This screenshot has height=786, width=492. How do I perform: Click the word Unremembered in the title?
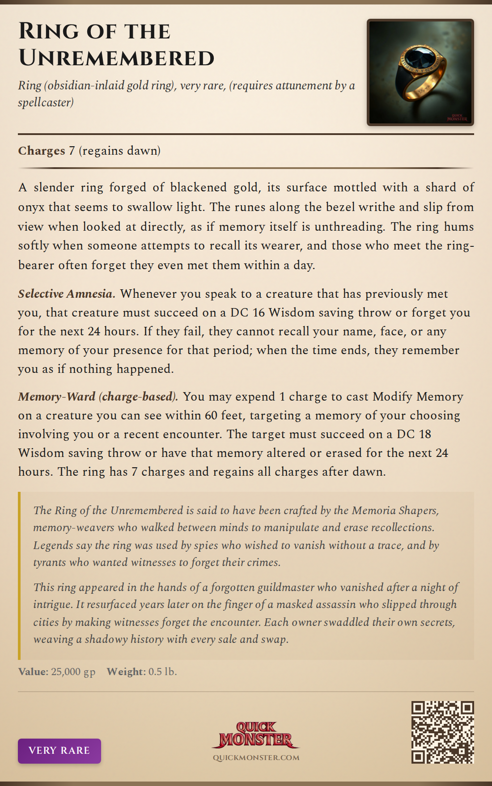tap(116, 59)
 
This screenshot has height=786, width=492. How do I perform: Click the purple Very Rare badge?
tap(59, 751)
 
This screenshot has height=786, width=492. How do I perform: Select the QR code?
tap(442, 732)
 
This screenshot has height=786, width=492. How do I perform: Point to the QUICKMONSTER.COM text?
tap(256, 758)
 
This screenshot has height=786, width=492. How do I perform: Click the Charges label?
tap(42, 151)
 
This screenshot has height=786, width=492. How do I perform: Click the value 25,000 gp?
tap(73, 672)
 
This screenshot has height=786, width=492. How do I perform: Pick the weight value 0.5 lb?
tap(162, 672)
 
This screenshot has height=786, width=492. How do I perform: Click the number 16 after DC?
tap(259, 313)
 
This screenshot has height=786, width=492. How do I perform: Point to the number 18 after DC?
tap(424, 434)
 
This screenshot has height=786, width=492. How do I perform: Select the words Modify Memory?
tap(418, 397)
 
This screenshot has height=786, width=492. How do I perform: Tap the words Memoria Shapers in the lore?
tap(395, 510)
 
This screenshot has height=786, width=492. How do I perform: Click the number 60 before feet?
tap(211, 415)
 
